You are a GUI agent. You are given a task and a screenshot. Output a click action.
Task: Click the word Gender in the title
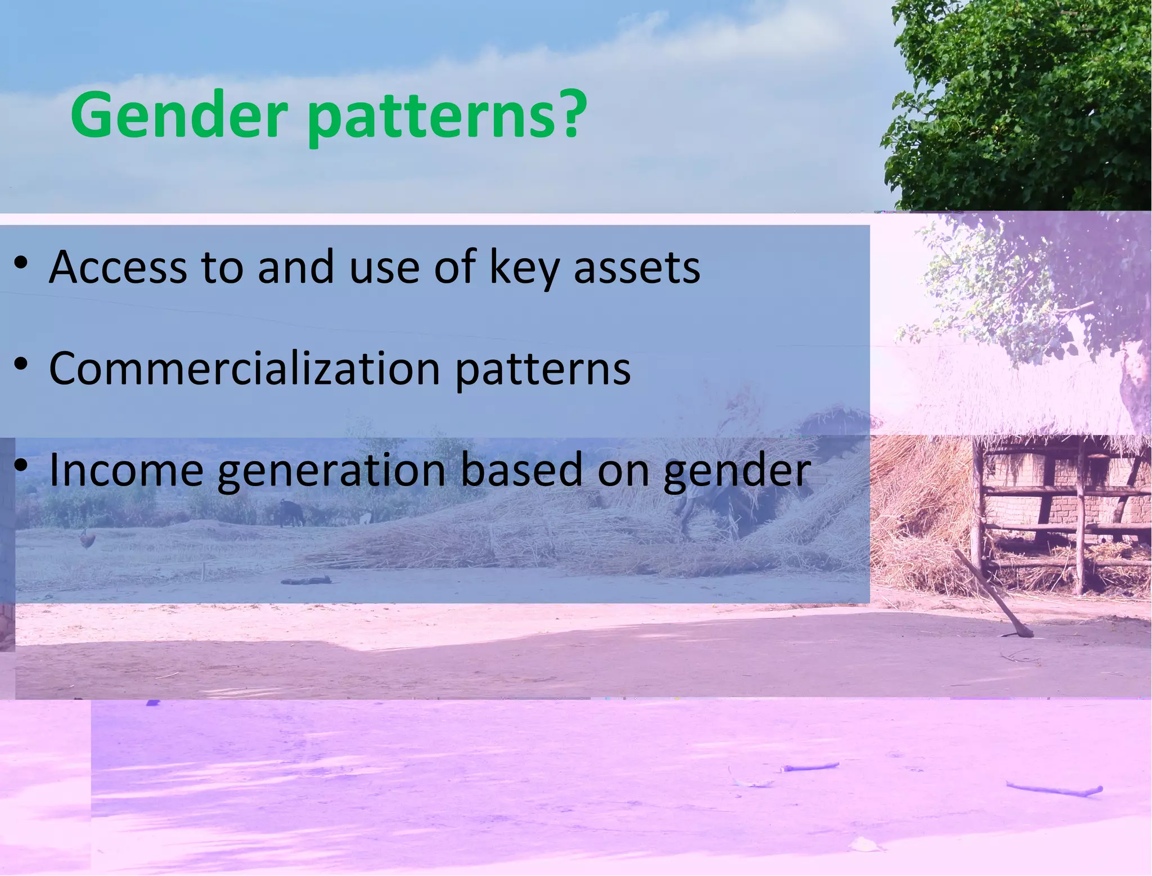point(179,115)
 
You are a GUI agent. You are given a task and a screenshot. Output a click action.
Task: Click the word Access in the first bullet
point(118,267)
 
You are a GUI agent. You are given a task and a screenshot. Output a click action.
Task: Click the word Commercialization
point(245,369)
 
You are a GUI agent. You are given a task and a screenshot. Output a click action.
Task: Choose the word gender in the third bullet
point(737,473)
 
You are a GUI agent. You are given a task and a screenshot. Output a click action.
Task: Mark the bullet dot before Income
point(21,465)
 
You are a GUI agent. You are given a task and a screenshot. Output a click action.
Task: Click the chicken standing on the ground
point(86,540)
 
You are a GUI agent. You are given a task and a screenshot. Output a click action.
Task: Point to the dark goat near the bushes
point(291,513)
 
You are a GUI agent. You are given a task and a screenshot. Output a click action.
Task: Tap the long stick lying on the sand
point(1054,789)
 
